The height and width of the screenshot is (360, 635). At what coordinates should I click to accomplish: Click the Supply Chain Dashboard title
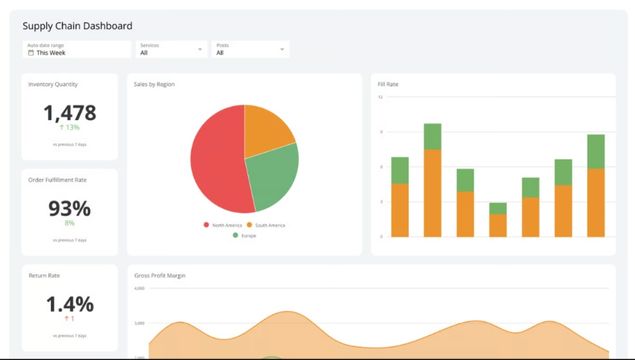click(x=77, y=26)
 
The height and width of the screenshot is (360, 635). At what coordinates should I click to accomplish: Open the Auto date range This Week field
click(x=76, y=49)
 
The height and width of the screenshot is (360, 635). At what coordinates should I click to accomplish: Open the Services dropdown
click(x=172, y=49)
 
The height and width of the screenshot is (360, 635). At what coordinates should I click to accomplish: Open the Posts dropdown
click(x=251, y=49)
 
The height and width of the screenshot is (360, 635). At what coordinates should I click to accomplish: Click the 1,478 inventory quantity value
click(x=70, y=113)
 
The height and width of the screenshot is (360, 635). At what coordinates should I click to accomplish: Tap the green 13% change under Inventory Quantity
click(x=70, y=128)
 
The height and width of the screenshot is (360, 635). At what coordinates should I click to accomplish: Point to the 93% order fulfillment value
click(x=70, y=209)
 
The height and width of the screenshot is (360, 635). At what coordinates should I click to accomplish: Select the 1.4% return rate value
click(x=70, y=304)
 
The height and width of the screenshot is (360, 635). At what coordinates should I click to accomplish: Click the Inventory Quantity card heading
click(x=53, y=84)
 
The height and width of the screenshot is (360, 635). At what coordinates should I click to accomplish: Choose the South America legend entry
click(x=268, y=225)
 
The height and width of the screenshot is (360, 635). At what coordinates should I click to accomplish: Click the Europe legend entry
click(x=245, y=235)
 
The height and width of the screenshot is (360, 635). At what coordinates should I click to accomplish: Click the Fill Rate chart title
click(x=388, y=84)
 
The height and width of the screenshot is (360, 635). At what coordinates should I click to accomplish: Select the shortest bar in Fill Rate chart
click(x=497, y=220)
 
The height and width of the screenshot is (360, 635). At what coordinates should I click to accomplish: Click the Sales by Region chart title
click(x=154, y=84)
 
